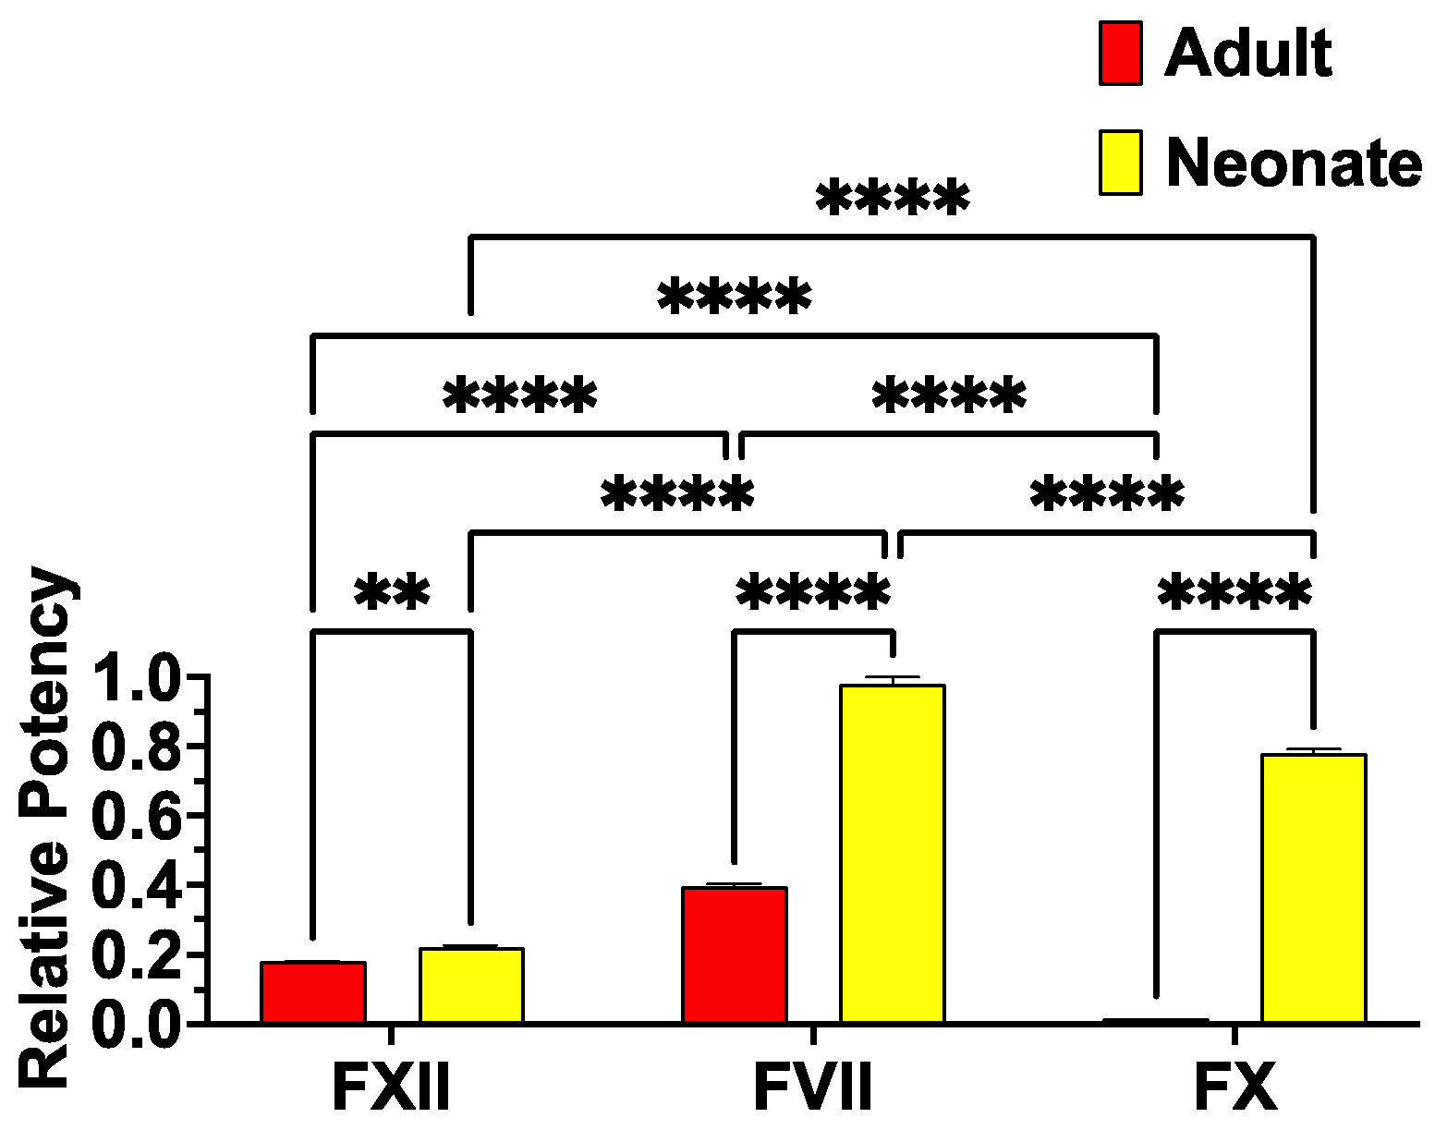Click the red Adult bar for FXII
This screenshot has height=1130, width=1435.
(313, 992)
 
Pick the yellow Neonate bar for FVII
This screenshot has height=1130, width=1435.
(892, 854)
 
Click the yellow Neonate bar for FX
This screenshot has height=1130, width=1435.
(1313, 888)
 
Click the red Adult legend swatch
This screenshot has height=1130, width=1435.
(1120, 54)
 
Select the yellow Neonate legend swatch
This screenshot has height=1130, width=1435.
(1120, 163)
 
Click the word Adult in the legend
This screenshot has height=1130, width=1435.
(1247, 54)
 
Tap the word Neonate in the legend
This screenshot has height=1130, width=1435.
(1294, 164)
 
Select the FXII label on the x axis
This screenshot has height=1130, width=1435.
(392, 1087)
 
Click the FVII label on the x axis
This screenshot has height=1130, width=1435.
(813, 1087)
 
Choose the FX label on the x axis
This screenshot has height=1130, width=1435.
(1234, 1087)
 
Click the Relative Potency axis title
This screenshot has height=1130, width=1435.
(46, 827)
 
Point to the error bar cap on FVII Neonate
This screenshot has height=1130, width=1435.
(892, 677)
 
